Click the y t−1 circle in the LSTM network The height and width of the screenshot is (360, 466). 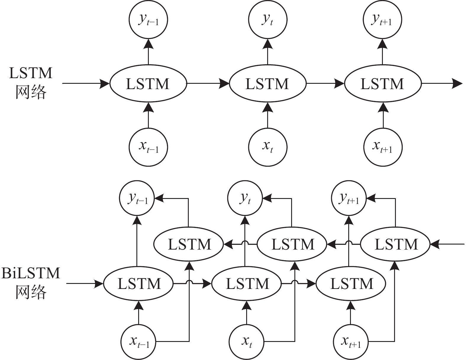(148, 20)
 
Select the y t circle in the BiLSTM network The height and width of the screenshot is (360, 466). (245, 198)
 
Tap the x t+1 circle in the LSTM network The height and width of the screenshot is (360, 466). (383, 147)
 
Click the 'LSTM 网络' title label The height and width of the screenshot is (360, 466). (31, 83)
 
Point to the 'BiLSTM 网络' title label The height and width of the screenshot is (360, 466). (31, 283)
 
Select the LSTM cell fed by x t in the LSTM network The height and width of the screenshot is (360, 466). (267, 84)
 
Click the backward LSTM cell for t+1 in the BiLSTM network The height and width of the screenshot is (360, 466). (395, 245)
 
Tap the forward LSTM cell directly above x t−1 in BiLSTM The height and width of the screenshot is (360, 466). (138, 284)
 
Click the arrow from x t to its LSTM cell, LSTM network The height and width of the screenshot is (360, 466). (267, 115)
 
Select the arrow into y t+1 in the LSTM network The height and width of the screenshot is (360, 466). (383, 52)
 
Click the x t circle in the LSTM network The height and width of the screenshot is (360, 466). (267, 147)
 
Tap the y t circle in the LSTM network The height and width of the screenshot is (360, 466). (267, 20)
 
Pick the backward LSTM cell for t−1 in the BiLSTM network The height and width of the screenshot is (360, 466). (188, 245)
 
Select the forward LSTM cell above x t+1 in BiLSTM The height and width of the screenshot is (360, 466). (351, 284)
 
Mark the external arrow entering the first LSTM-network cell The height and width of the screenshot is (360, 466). (86, 84)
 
